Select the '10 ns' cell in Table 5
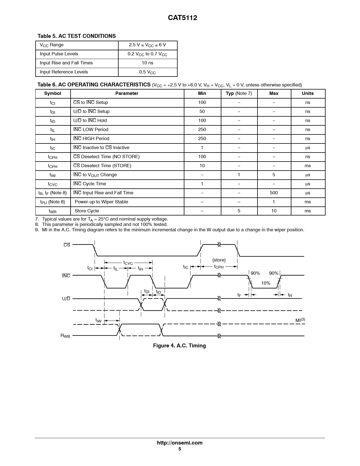tap(147, 63)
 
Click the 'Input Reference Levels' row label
tap(64, 72)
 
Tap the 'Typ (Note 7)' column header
tap(239, 93)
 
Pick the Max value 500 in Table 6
tap(274, 193)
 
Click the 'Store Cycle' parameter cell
tap(87, 211)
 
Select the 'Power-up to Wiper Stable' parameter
tap(101, 202)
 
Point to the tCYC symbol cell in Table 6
tap(53, 184)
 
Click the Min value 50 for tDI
tap(202, 112)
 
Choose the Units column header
tap(307, 93)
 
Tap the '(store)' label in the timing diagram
tap(219, 260)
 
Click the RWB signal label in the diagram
tap(65, 336)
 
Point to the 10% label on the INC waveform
tap(265, 283)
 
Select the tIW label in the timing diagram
tap(98, 320)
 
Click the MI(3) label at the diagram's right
tap(300, 320)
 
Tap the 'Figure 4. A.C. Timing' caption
tap(179, 346)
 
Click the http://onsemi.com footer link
tap(180, 443)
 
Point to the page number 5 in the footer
tap(180, 449)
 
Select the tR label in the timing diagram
tap(290, 295)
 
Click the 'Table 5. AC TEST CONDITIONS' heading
tap(77, 36)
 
